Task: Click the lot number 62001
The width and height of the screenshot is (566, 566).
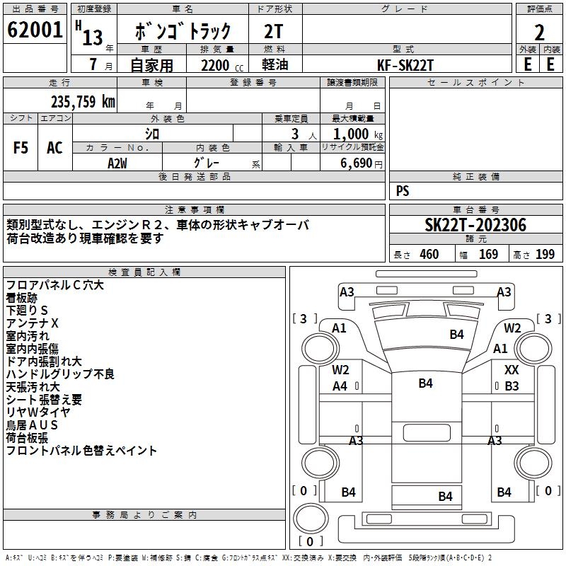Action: (x=34, y=30)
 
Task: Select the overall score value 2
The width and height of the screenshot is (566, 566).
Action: (x=540, y=32)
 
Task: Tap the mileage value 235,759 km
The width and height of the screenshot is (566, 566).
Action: (x=82, y=102)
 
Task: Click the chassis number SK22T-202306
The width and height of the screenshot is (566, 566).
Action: (x=475, y=226)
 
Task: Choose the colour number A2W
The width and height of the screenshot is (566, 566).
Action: (x=117, y=163)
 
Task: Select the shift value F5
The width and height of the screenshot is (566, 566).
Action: (x=21, y=148)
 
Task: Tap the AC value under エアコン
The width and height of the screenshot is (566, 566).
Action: (x=54, y=148)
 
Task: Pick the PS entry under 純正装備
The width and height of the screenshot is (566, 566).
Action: (x=403, y=191)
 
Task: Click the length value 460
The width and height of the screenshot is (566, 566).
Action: (x=429, y=255)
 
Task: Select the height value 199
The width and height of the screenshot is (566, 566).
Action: (x=545, y=255)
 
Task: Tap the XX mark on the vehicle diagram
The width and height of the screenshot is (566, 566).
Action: (x=512, y=370)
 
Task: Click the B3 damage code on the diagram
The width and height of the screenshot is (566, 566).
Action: (x=512, y=386)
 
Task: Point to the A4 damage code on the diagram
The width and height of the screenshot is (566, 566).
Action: (x=340, y=386)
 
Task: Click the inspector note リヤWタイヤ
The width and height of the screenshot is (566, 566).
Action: (x=38, y=412)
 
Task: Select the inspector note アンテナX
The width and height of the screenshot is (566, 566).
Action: (x=33, y=323)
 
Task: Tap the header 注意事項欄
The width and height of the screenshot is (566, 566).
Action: (x=195, y=210)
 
